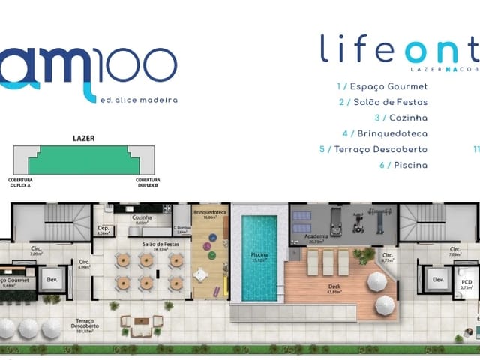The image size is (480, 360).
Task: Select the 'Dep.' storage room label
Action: (103, 229)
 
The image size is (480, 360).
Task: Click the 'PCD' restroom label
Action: (466, 283)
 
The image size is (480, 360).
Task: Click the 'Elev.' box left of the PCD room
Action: (436, 280)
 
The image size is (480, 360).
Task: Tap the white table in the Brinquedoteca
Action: (200, 274)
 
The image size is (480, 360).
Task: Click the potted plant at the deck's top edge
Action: (364, 255)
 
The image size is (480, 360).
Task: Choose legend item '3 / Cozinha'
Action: (400, 118)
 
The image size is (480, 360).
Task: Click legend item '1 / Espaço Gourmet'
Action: (382, 86)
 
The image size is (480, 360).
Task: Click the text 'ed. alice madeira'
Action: (138, 99)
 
